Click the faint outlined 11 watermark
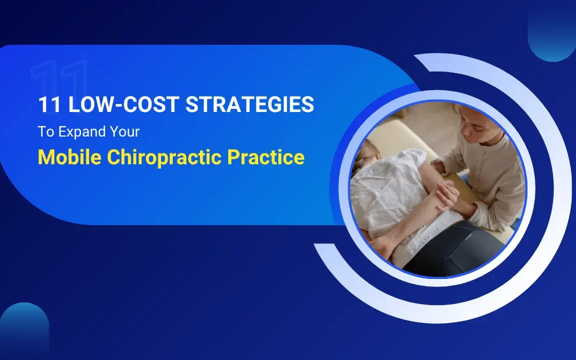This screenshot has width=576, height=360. tap(59, 80)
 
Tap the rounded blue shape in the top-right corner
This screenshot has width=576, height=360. tap(552, 32)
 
